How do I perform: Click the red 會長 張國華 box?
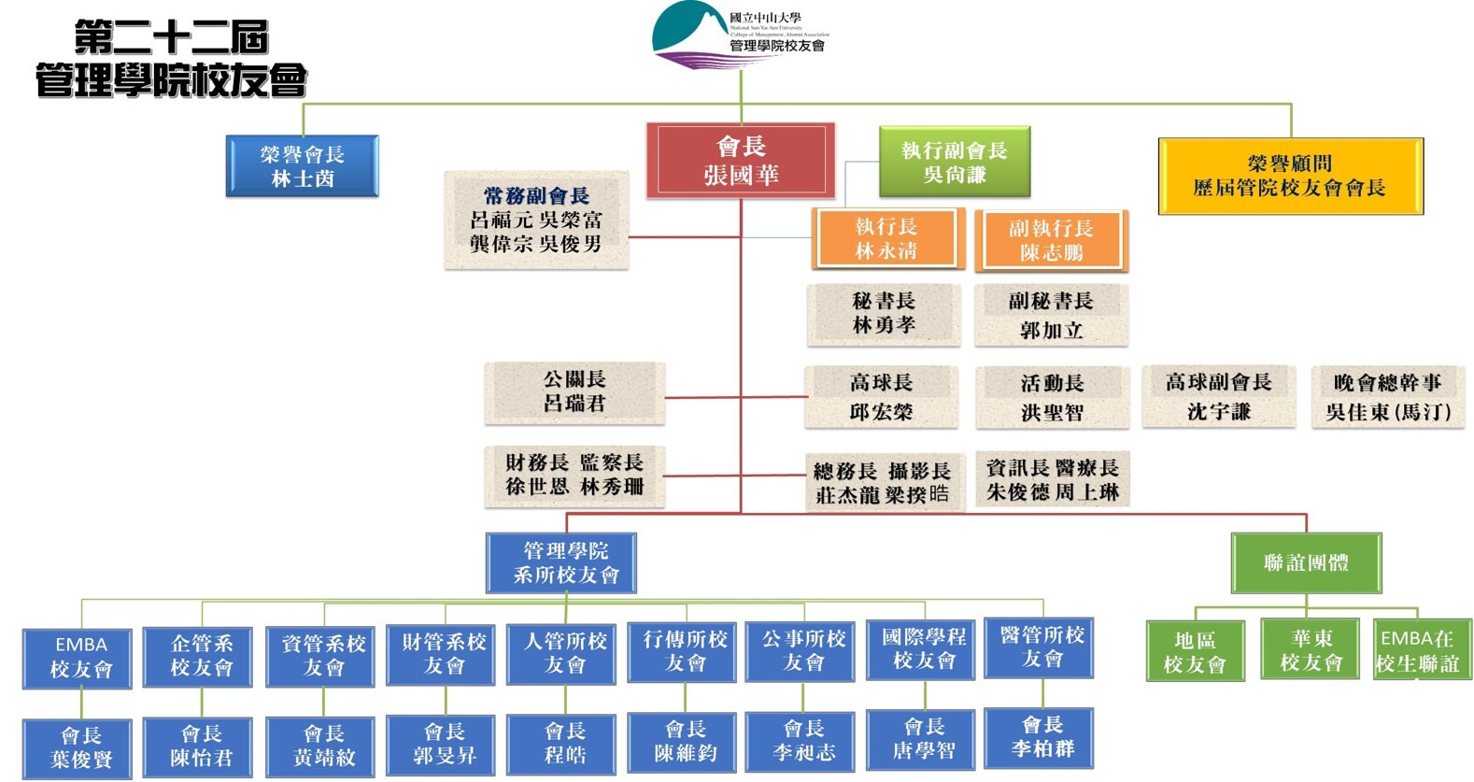click(740, 161)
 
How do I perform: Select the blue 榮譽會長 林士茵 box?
click(303, 166)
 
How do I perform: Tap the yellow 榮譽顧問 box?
click(1290, 177)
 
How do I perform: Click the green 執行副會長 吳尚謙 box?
click(954, 163)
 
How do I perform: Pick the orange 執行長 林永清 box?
click(886, 238)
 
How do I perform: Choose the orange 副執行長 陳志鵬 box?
click(1051, 240)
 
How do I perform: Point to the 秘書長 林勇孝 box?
click(883, 314)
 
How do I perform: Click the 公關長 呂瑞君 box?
click(574, 392)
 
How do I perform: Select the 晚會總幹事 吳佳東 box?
click(1387, 397)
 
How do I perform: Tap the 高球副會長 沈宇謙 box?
click(1218, 397)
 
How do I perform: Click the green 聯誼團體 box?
click(1305, 562)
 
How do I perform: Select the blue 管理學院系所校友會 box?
click(561, 562)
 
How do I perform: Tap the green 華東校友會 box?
click(1310, 650)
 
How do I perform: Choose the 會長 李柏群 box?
click(1042, 737)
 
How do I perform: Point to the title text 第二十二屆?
click(171, 37)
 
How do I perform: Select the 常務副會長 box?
click(536, 220)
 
